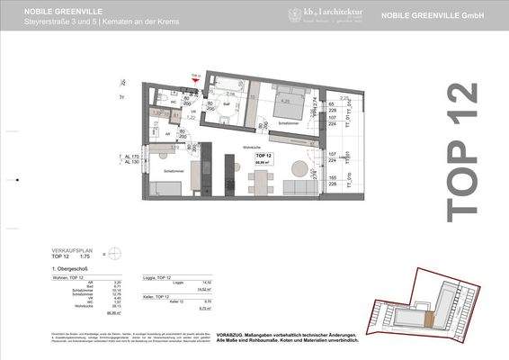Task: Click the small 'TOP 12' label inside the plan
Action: [263, 156]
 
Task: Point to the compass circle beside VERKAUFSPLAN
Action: [114, 255]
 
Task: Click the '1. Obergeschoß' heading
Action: [68, 270]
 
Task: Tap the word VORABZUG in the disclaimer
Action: [232, 330]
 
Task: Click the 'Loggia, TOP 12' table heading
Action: [160, 278]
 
